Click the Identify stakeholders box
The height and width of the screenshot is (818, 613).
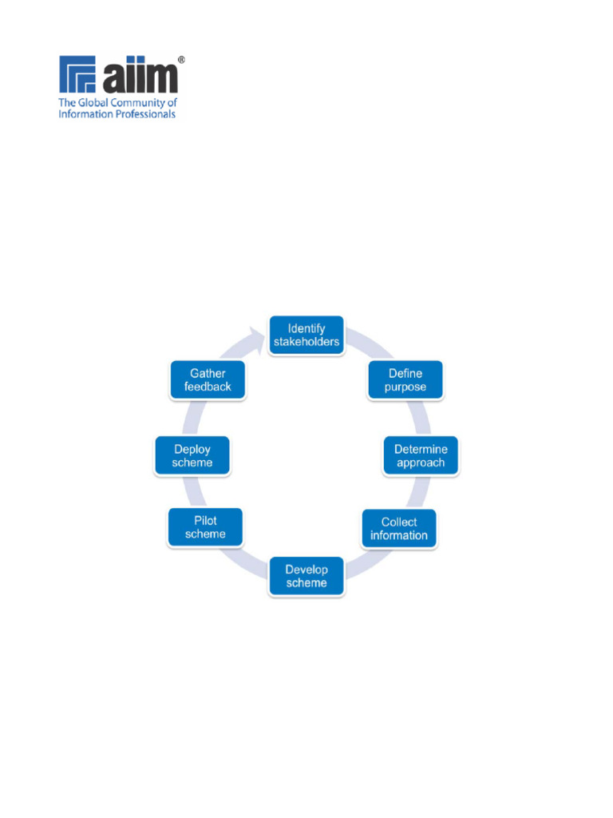[306, 336]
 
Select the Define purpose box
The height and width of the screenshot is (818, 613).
[405, 380]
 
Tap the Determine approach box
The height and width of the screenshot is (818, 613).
[421, 456]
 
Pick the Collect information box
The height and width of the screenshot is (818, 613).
[399, 529]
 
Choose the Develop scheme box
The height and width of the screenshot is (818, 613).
[306, 577]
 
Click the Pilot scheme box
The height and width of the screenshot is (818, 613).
[205, 527]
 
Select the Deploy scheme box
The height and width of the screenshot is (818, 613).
[192, 456]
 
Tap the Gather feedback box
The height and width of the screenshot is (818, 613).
[208, 380]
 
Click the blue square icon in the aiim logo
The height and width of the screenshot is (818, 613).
[77, 74]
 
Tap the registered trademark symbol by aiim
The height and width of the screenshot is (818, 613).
[181, 60]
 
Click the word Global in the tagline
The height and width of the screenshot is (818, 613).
[93, 103]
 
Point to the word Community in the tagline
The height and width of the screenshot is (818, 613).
[137, 103]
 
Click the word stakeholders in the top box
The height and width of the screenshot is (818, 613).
[306, 342]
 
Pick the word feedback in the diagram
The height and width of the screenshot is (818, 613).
[208, 387]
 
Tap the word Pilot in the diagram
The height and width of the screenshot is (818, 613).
[205, 521]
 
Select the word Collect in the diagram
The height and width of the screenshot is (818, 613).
[399, 522]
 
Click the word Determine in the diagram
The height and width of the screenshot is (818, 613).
[421, 449]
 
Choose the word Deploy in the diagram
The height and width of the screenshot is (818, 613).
[192, 450]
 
